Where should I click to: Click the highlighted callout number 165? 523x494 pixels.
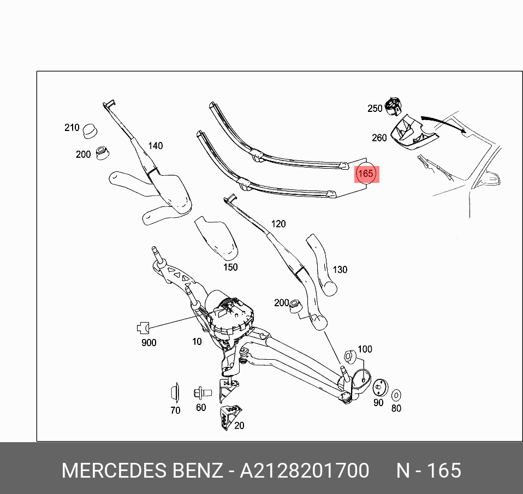pos(366,174)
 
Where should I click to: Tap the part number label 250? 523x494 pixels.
pos(375,109)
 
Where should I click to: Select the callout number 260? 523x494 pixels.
pos(379,138)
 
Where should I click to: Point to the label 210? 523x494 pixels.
pos(72,128)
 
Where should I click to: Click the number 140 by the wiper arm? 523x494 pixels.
pos(156,146)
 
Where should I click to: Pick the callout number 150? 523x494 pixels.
pos(230,267)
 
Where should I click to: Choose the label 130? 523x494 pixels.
pos(340,270)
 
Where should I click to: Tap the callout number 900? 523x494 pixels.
pos(148,343)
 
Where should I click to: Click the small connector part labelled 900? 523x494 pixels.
pos(142,328)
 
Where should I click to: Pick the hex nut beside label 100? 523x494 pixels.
pos(350,357)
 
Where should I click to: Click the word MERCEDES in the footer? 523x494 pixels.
pos(114,471)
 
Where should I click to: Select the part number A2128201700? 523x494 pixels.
pos(304,471)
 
